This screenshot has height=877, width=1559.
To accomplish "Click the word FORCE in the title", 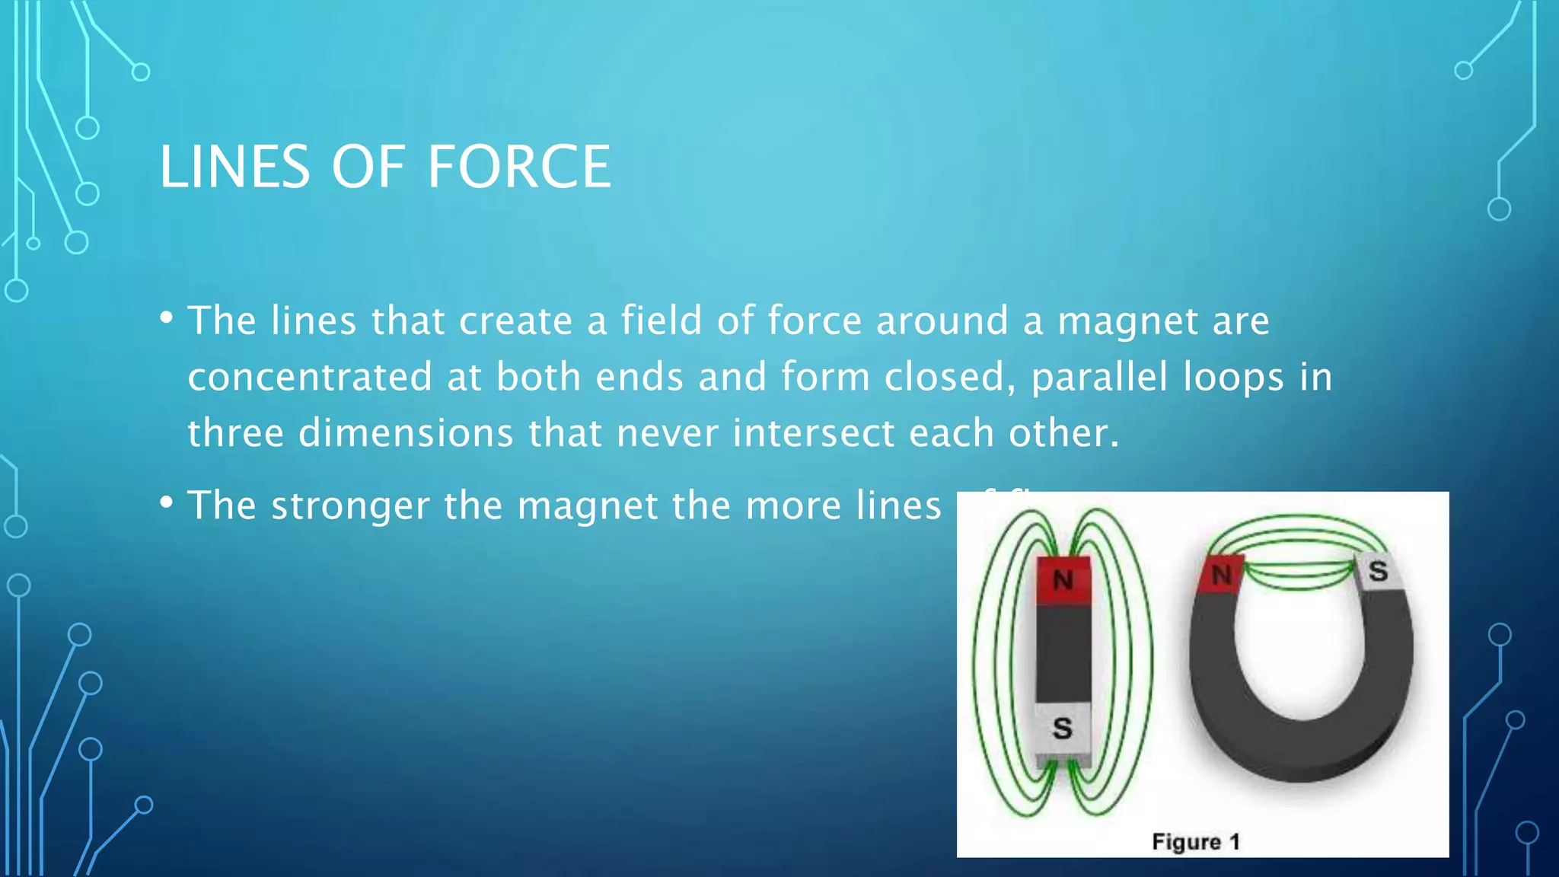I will [518, 167].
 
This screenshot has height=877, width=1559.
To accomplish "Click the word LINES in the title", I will [234, 167].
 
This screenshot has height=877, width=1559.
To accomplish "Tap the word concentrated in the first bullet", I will [310, 377].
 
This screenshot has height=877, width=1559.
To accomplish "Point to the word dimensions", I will [405, 433].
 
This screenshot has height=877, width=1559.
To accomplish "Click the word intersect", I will [813, 433].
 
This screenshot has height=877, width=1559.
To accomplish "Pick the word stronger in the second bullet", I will [350, 505].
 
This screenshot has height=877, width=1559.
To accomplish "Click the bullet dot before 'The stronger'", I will [166, 502].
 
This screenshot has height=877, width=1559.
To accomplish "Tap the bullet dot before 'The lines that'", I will [166, 317].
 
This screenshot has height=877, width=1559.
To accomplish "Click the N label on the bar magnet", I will [1063, 581].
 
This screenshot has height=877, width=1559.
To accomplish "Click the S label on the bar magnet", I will [1063, 729].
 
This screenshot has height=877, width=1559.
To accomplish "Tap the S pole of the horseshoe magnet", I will [1378, 572].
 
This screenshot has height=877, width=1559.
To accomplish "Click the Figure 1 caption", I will [1196, 842].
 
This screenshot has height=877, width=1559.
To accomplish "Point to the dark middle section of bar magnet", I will [1063, 655].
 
